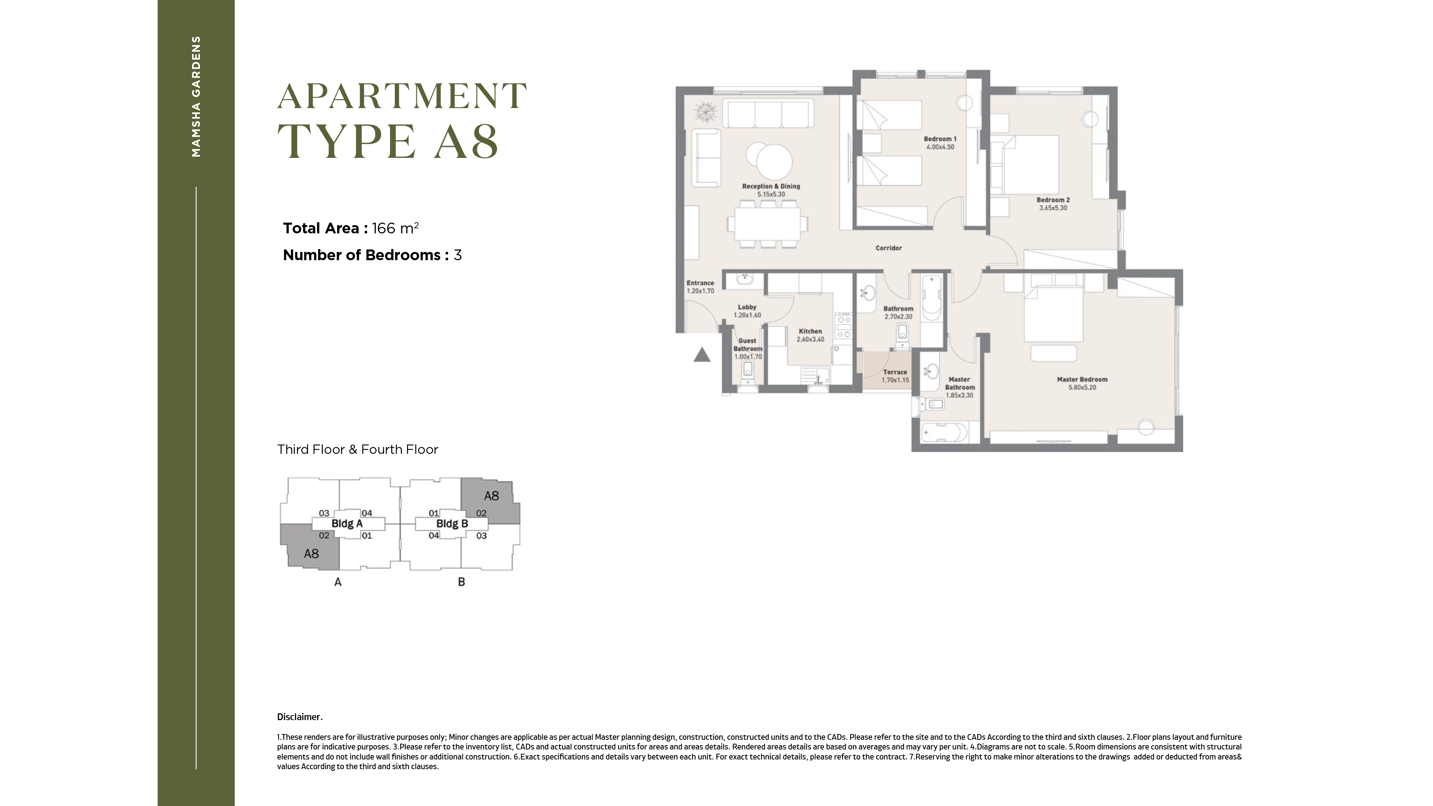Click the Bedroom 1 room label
[940, 139]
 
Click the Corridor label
[888, 248]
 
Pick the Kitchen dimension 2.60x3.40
[810, 339]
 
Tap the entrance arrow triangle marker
[702, 355]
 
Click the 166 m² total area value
[395, 228]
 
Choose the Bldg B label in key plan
[452, 524]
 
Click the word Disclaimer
[299, 717]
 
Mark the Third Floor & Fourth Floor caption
[358, 449]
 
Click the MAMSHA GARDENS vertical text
[196, 96]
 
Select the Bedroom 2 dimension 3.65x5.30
[1053, 208]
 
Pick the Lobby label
[747, 307]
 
